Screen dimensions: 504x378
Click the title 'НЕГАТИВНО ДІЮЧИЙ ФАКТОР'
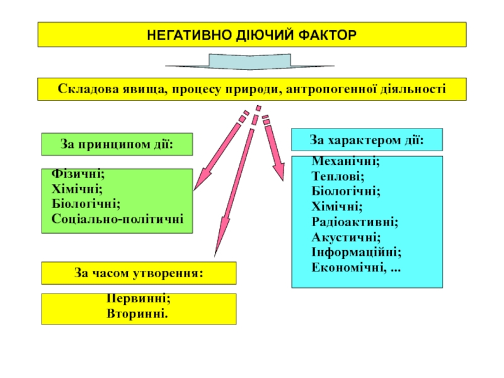tap(252, 34)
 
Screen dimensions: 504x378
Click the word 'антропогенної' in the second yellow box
tap(331, 89)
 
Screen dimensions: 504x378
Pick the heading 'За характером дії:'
tap(366, 139)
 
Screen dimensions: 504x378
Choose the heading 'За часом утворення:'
tap(139, 273)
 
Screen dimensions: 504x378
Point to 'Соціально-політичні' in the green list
tap(118, 219)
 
